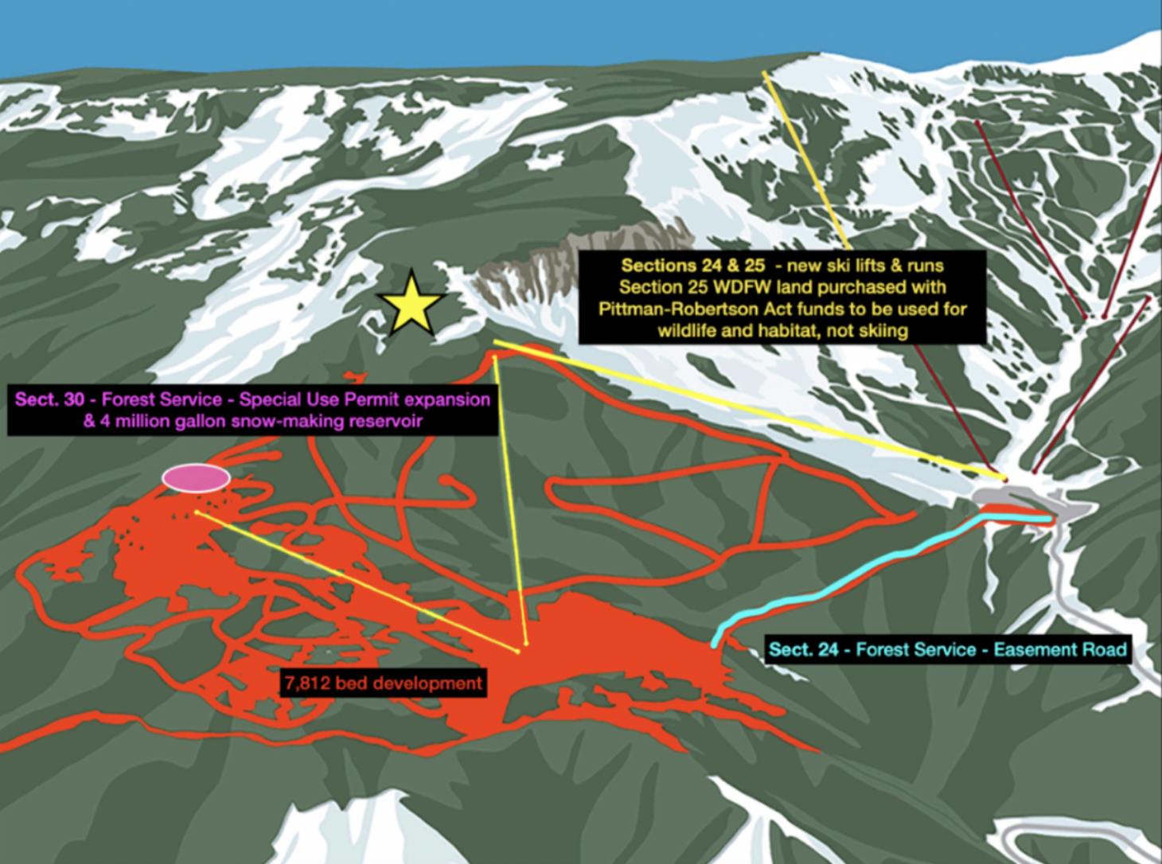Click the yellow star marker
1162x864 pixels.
(411, 306)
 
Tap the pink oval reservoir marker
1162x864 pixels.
(196, 478)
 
